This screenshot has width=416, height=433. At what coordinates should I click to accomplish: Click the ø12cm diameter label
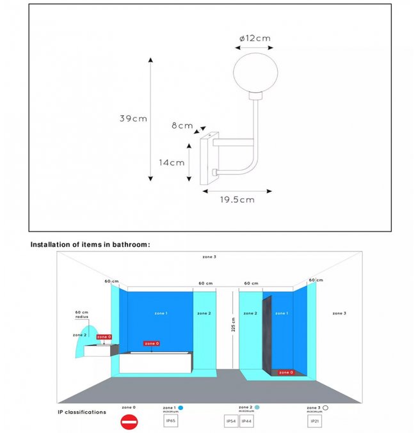255,38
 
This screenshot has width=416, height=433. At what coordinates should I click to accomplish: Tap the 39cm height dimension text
133,118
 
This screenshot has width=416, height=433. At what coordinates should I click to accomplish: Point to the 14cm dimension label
172,162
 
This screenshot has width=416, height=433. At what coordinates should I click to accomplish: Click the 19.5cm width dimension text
237,200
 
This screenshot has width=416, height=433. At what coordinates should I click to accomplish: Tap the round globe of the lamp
250,72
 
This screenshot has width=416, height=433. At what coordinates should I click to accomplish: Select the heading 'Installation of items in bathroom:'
90,244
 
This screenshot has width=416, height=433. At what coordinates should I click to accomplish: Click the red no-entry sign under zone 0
129,421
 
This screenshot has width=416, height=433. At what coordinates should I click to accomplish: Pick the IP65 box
171,421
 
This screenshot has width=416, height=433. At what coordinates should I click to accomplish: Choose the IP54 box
231,421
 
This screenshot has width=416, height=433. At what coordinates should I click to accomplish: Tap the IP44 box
246,421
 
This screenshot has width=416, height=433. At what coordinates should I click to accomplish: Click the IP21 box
315,421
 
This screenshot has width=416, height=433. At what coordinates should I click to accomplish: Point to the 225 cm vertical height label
234,325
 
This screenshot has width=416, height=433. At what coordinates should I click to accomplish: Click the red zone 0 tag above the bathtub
151,343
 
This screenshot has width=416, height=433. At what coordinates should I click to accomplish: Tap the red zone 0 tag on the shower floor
285,372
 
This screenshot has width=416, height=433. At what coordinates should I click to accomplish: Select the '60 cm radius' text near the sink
81,314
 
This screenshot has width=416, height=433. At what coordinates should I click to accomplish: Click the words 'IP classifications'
82,412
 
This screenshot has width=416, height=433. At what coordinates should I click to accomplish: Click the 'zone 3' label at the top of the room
209,256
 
